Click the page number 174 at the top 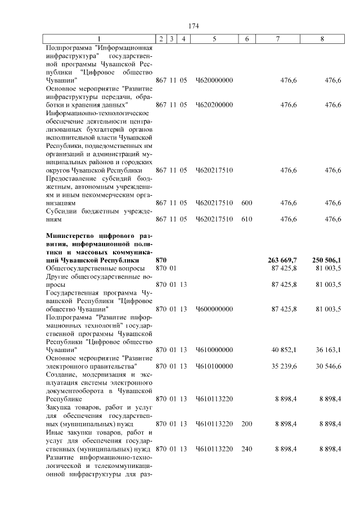[193, 26]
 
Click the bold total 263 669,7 [283, 260]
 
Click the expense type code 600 [246, 202]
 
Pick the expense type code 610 [246, 219]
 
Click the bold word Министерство [70, 235]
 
